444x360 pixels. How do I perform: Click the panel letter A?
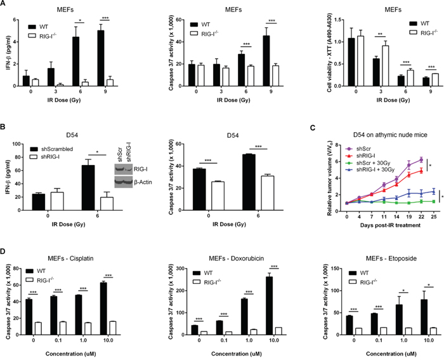tap(5, 5)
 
